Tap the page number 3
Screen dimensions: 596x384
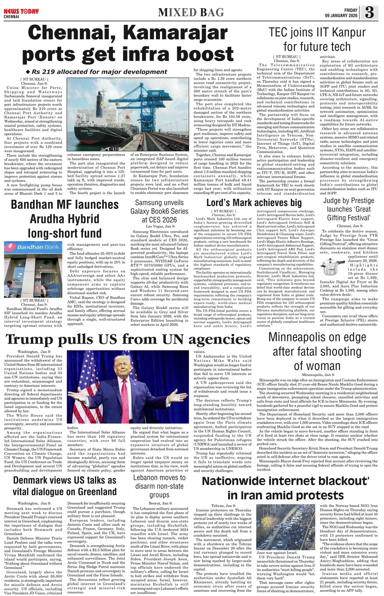tap(369, 13)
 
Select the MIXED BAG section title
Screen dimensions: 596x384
tap(191, 13)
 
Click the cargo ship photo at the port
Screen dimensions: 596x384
tap(128, 114)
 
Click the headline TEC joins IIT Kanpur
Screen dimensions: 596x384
tap(317, 40)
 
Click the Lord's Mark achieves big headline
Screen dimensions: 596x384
tap(254, 203)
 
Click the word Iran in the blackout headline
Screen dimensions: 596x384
tap(251, 495)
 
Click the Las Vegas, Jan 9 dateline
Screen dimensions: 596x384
tap(160, 226)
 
